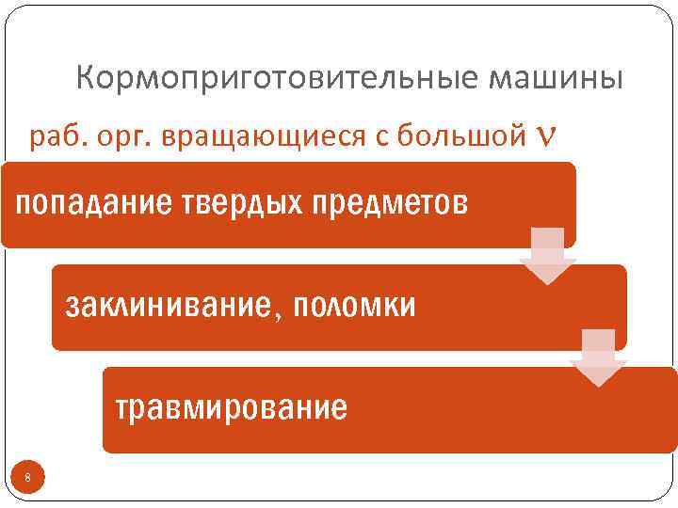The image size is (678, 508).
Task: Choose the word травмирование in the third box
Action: [231, 408]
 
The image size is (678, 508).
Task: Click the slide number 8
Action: [28, 479]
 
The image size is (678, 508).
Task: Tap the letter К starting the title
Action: [86, 77]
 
